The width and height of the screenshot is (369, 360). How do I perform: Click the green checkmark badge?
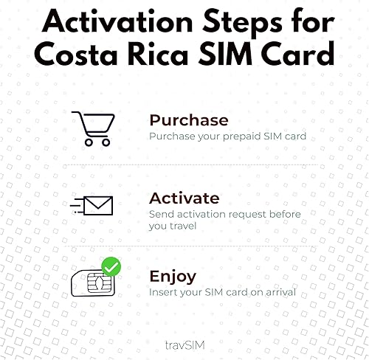point(111,266)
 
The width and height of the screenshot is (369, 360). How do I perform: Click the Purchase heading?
point(189,120)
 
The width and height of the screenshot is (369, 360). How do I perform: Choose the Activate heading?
point(184,198)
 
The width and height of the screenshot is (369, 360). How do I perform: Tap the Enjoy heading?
point(173,277)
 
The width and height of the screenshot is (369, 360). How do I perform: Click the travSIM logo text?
point(184,343)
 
